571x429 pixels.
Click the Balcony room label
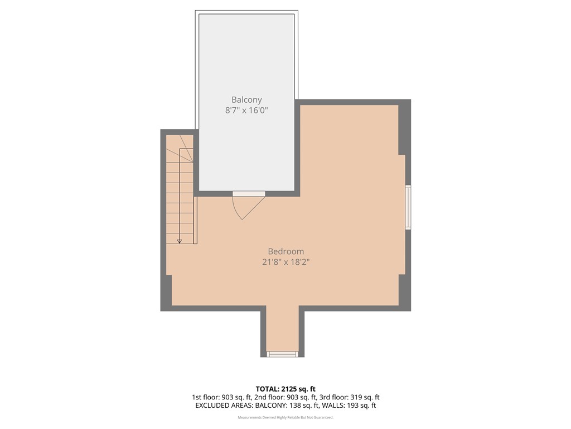[x=246, y=99]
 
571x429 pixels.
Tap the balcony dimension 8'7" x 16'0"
[x=246, y=111]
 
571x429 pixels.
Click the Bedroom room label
[x=285, y=251]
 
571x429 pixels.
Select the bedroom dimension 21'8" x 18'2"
[x=285, y=261]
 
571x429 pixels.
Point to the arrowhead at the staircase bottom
[x=180, y=241]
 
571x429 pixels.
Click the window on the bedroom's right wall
[x=408, y=207]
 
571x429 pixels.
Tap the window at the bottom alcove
[x=282, y=354]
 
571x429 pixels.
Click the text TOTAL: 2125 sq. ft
[x=285, y=389]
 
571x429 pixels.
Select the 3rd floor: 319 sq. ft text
[x=350, y=397]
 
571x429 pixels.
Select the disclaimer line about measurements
[x=285, y=417]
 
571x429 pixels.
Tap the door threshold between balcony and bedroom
[x=249, y=193]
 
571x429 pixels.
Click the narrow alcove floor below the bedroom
[x=282, y=330]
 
